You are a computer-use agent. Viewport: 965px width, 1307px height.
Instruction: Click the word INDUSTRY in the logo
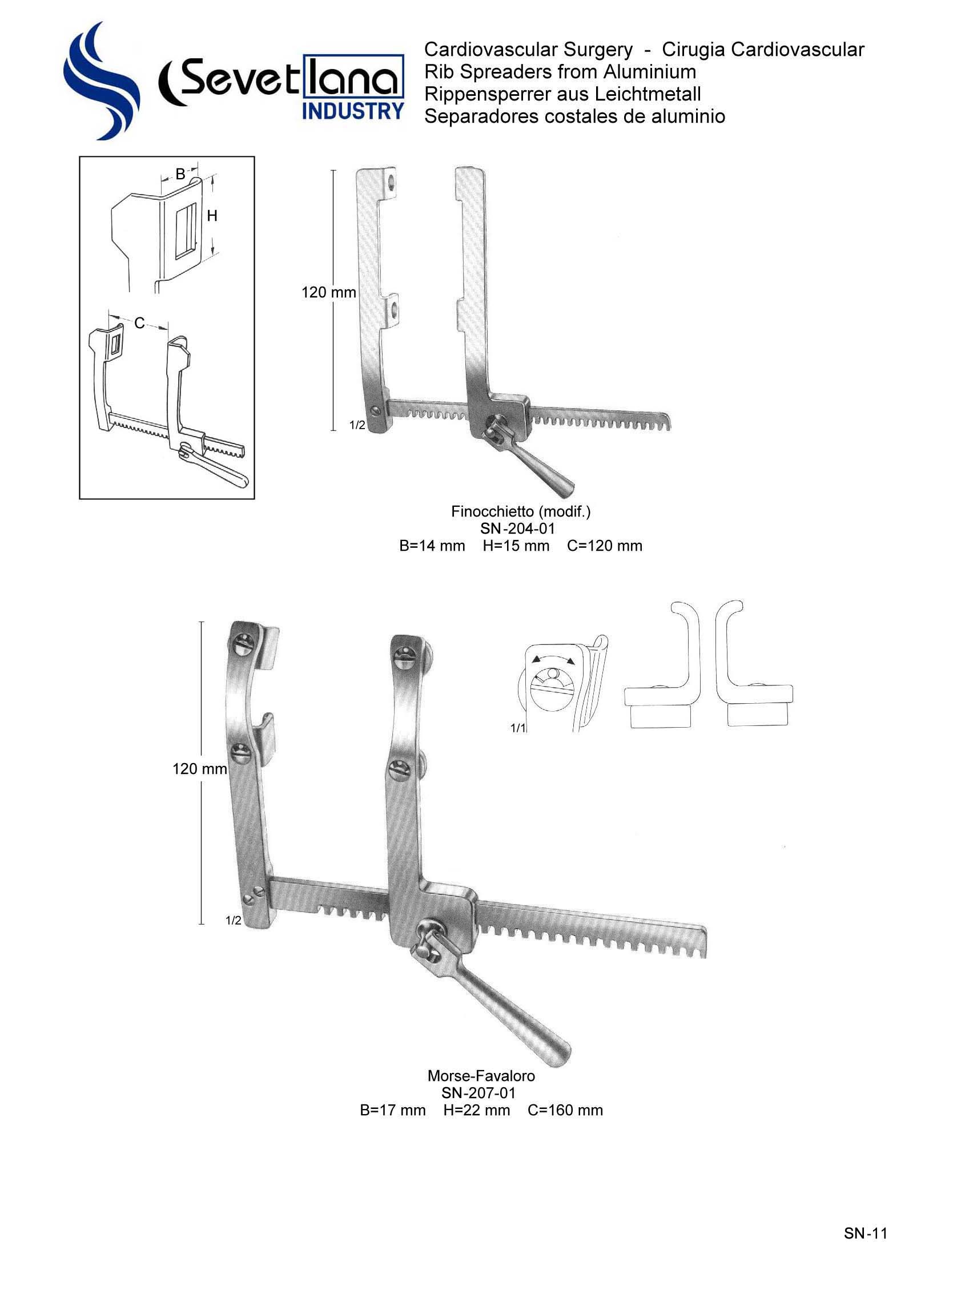click(352, 110)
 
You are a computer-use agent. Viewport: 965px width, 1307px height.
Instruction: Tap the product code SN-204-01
click(517, 529)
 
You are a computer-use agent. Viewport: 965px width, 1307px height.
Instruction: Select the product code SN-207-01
click(479, 1093)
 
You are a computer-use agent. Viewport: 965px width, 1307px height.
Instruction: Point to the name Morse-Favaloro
click(481, 1076)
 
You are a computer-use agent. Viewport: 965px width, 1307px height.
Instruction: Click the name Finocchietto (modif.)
click(520, 512)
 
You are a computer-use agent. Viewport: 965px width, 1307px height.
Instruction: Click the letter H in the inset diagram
click(212, 216)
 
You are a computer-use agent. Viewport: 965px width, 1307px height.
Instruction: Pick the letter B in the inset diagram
click(180, 174)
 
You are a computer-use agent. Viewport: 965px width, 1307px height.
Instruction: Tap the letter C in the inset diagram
click(139, 323)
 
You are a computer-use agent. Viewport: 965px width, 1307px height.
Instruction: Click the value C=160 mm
click(565, 1110)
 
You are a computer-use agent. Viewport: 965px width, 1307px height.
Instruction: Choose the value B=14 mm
click(432, 546)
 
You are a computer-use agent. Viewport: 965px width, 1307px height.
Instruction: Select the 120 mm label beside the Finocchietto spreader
click(328, 292)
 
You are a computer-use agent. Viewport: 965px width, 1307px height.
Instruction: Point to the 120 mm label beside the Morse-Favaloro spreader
click(199, 769)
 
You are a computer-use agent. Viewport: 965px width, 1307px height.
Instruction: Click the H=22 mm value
click(476, 1110)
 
